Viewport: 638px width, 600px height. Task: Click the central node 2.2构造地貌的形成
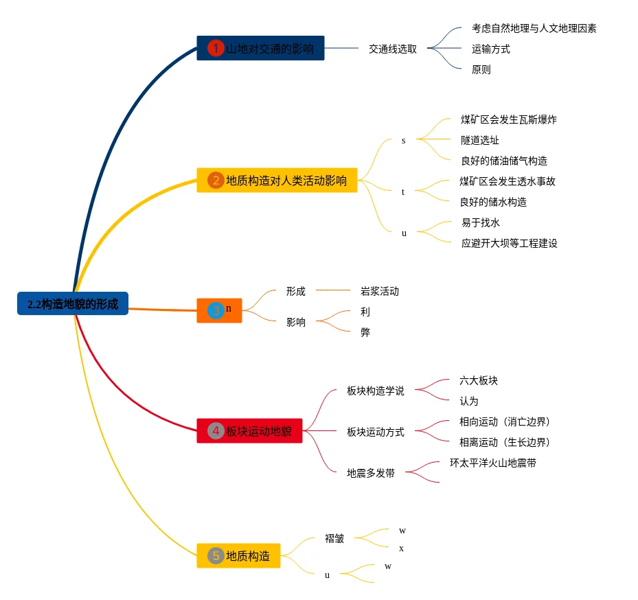pyautogui.click(x=73, y=303)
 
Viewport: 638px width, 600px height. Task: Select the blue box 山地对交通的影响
pyautogui.click(x=260, y=48)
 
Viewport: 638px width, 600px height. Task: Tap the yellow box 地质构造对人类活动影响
pyautogui.click(x=277, y=181)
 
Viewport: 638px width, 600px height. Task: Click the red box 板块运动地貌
pyautogui.click(x=249, y=431)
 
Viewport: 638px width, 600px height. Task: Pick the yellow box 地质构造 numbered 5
pyautogui.click(x=238, y=555)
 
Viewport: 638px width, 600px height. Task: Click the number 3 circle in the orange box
pyautogui.click(x=216, y=310)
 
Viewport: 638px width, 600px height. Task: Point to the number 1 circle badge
pyautogui.click(x=216, y=48)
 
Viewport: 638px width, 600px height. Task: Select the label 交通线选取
pyautogui.click(x=392, y=49)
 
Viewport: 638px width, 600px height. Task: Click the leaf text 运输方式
pyautogui.click(x=490, y=49)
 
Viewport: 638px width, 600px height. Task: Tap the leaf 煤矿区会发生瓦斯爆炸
pyautogui.click(x=508, y=119)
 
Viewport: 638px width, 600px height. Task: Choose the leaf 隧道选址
pyautogui.click(x=479, y=140)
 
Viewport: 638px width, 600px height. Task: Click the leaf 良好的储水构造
pyautogui.click(x=492, y=202)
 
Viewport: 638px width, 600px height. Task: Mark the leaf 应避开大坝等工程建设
pyautogui.click(x=509, y=243)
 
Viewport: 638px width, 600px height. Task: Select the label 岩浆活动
pyautogui.click(x=379, y=291)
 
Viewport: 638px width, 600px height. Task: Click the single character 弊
pyautogui.click(x=365, y=332)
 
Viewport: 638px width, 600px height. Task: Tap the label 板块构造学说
pyautogui.click(x=375, y=391)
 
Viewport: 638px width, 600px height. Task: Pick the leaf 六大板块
pyautogui.click(x=478, y=380)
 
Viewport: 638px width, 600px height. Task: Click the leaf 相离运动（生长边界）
pyautogui.click(x=505, y=442)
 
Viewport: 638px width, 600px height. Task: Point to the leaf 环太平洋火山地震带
pyautogui.click(x=492, y=463)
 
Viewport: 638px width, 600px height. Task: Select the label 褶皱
pyautogui.click(x=334, y=538)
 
